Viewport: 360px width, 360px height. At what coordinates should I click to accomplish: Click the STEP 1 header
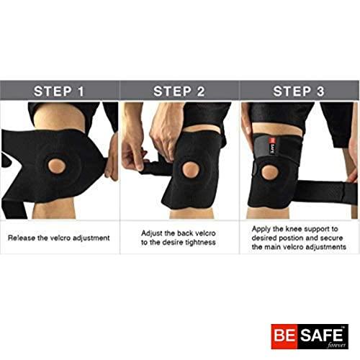59,91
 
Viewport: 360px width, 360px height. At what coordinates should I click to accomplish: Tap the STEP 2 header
179,91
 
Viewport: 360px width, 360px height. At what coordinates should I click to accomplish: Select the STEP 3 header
299,91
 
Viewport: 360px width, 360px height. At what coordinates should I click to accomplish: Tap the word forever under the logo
334,346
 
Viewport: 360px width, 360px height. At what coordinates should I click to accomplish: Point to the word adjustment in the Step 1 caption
91,238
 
